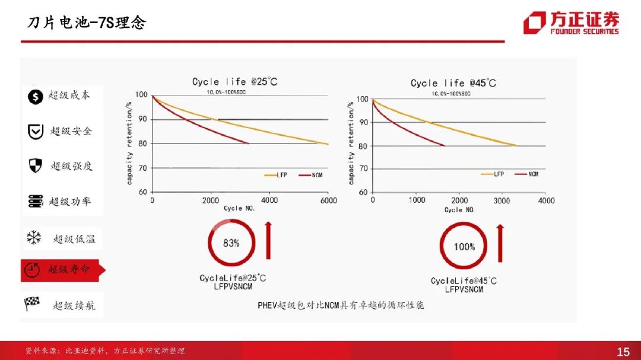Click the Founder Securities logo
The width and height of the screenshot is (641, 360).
(x=570, y=23)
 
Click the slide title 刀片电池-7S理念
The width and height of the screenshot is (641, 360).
(x=87, y=23)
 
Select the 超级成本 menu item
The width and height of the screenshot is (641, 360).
(x=59, y=95)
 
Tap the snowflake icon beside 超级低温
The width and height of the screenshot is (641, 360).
(x=34, y=238)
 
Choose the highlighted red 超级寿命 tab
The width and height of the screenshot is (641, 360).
(x=62, y=269)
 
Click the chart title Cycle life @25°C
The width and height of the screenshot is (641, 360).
(x=234, y=82)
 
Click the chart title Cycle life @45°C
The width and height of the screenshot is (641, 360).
(x=453, y=83)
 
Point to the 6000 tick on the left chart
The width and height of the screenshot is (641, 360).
(x=328, y=200)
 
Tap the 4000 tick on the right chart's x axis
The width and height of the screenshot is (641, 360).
(x=546, y=200)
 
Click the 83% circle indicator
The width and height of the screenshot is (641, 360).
(x=231, y=243)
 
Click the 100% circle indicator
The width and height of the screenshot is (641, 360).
(x=464, y=246)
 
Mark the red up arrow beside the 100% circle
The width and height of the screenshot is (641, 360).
(x=500, y=244)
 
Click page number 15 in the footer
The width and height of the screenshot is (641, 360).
(x=623, y=352)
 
